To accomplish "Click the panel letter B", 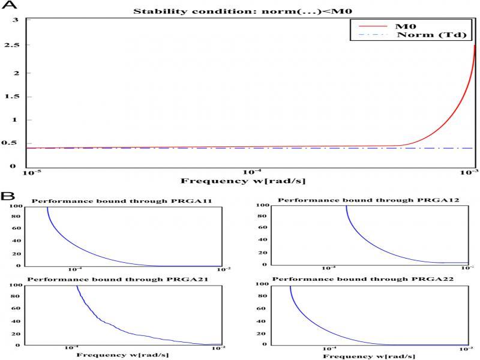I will (6, 196).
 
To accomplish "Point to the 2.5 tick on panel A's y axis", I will (17, 46).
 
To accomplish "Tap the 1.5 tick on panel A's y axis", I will (17, 97).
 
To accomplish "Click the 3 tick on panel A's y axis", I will (17, 20).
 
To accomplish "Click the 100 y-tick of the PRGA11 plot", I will (17, 206).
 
